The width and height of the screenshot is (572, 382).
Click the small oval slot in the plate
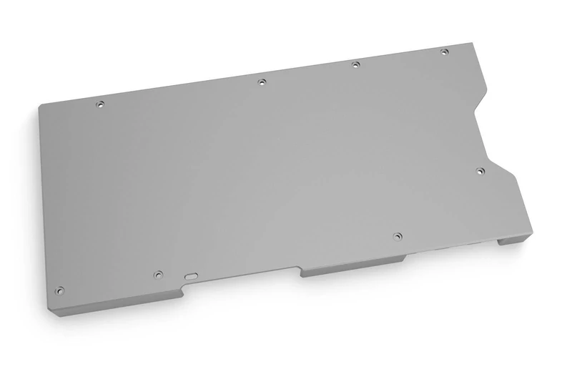(x=191, y=274)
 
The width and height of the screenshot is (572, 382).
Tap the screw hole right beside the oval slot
(x=159, y=273)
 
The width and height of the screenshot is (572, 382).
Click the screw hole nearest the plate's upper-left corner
(x=100, y=104)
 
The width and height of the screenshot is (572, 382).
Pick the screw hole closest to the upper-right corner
(x=444, y=52)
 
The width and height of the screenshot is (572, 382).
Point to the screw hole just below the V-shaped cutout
(x=480, y=170)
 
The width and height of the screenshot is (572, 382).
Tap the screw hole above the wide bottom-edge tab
(x=398, y=235)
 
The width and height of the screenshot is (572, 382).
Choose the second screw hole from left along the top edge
(x=262, y=82)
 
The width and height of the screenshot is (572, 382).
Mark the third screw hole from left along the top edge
(x=355, y=65)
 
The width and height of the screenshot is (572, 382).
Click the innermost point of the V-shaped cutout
(x=475, y=113)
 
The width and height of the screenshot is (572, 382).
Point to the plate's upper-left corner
(x=41, y=106)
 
